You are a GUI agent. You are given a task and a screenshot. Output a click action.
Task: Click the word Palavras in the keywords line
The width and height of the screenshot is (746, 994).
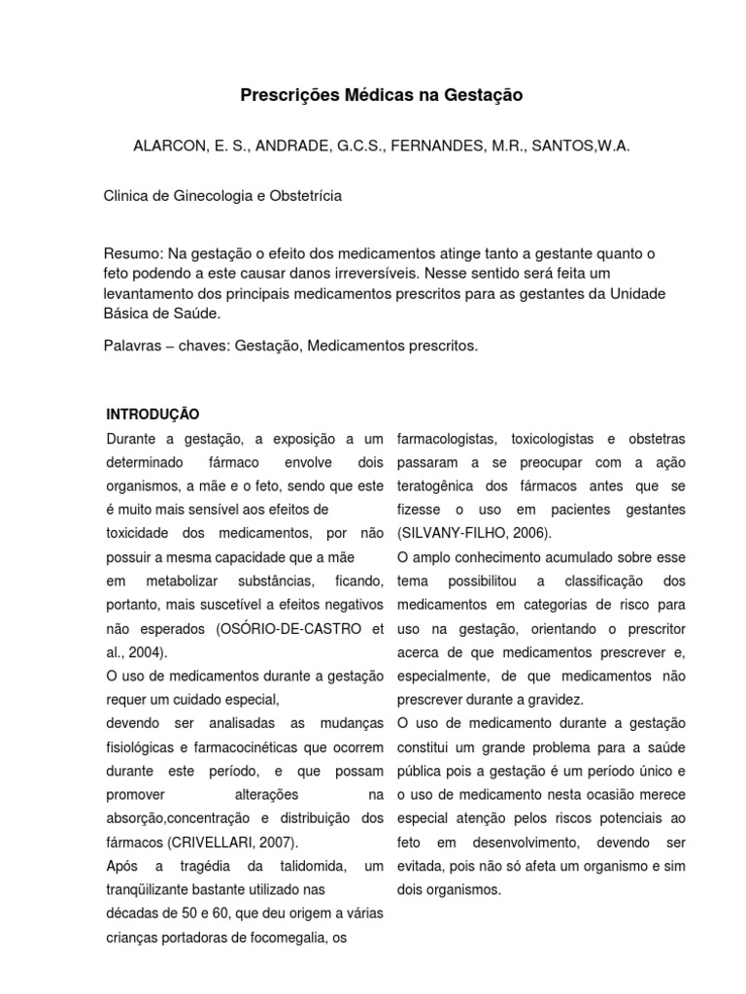click(132, 345)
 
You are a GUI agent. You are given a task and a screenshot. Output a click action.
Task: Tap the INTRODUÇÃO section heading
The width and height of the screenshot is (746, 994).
click(153, 414)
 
